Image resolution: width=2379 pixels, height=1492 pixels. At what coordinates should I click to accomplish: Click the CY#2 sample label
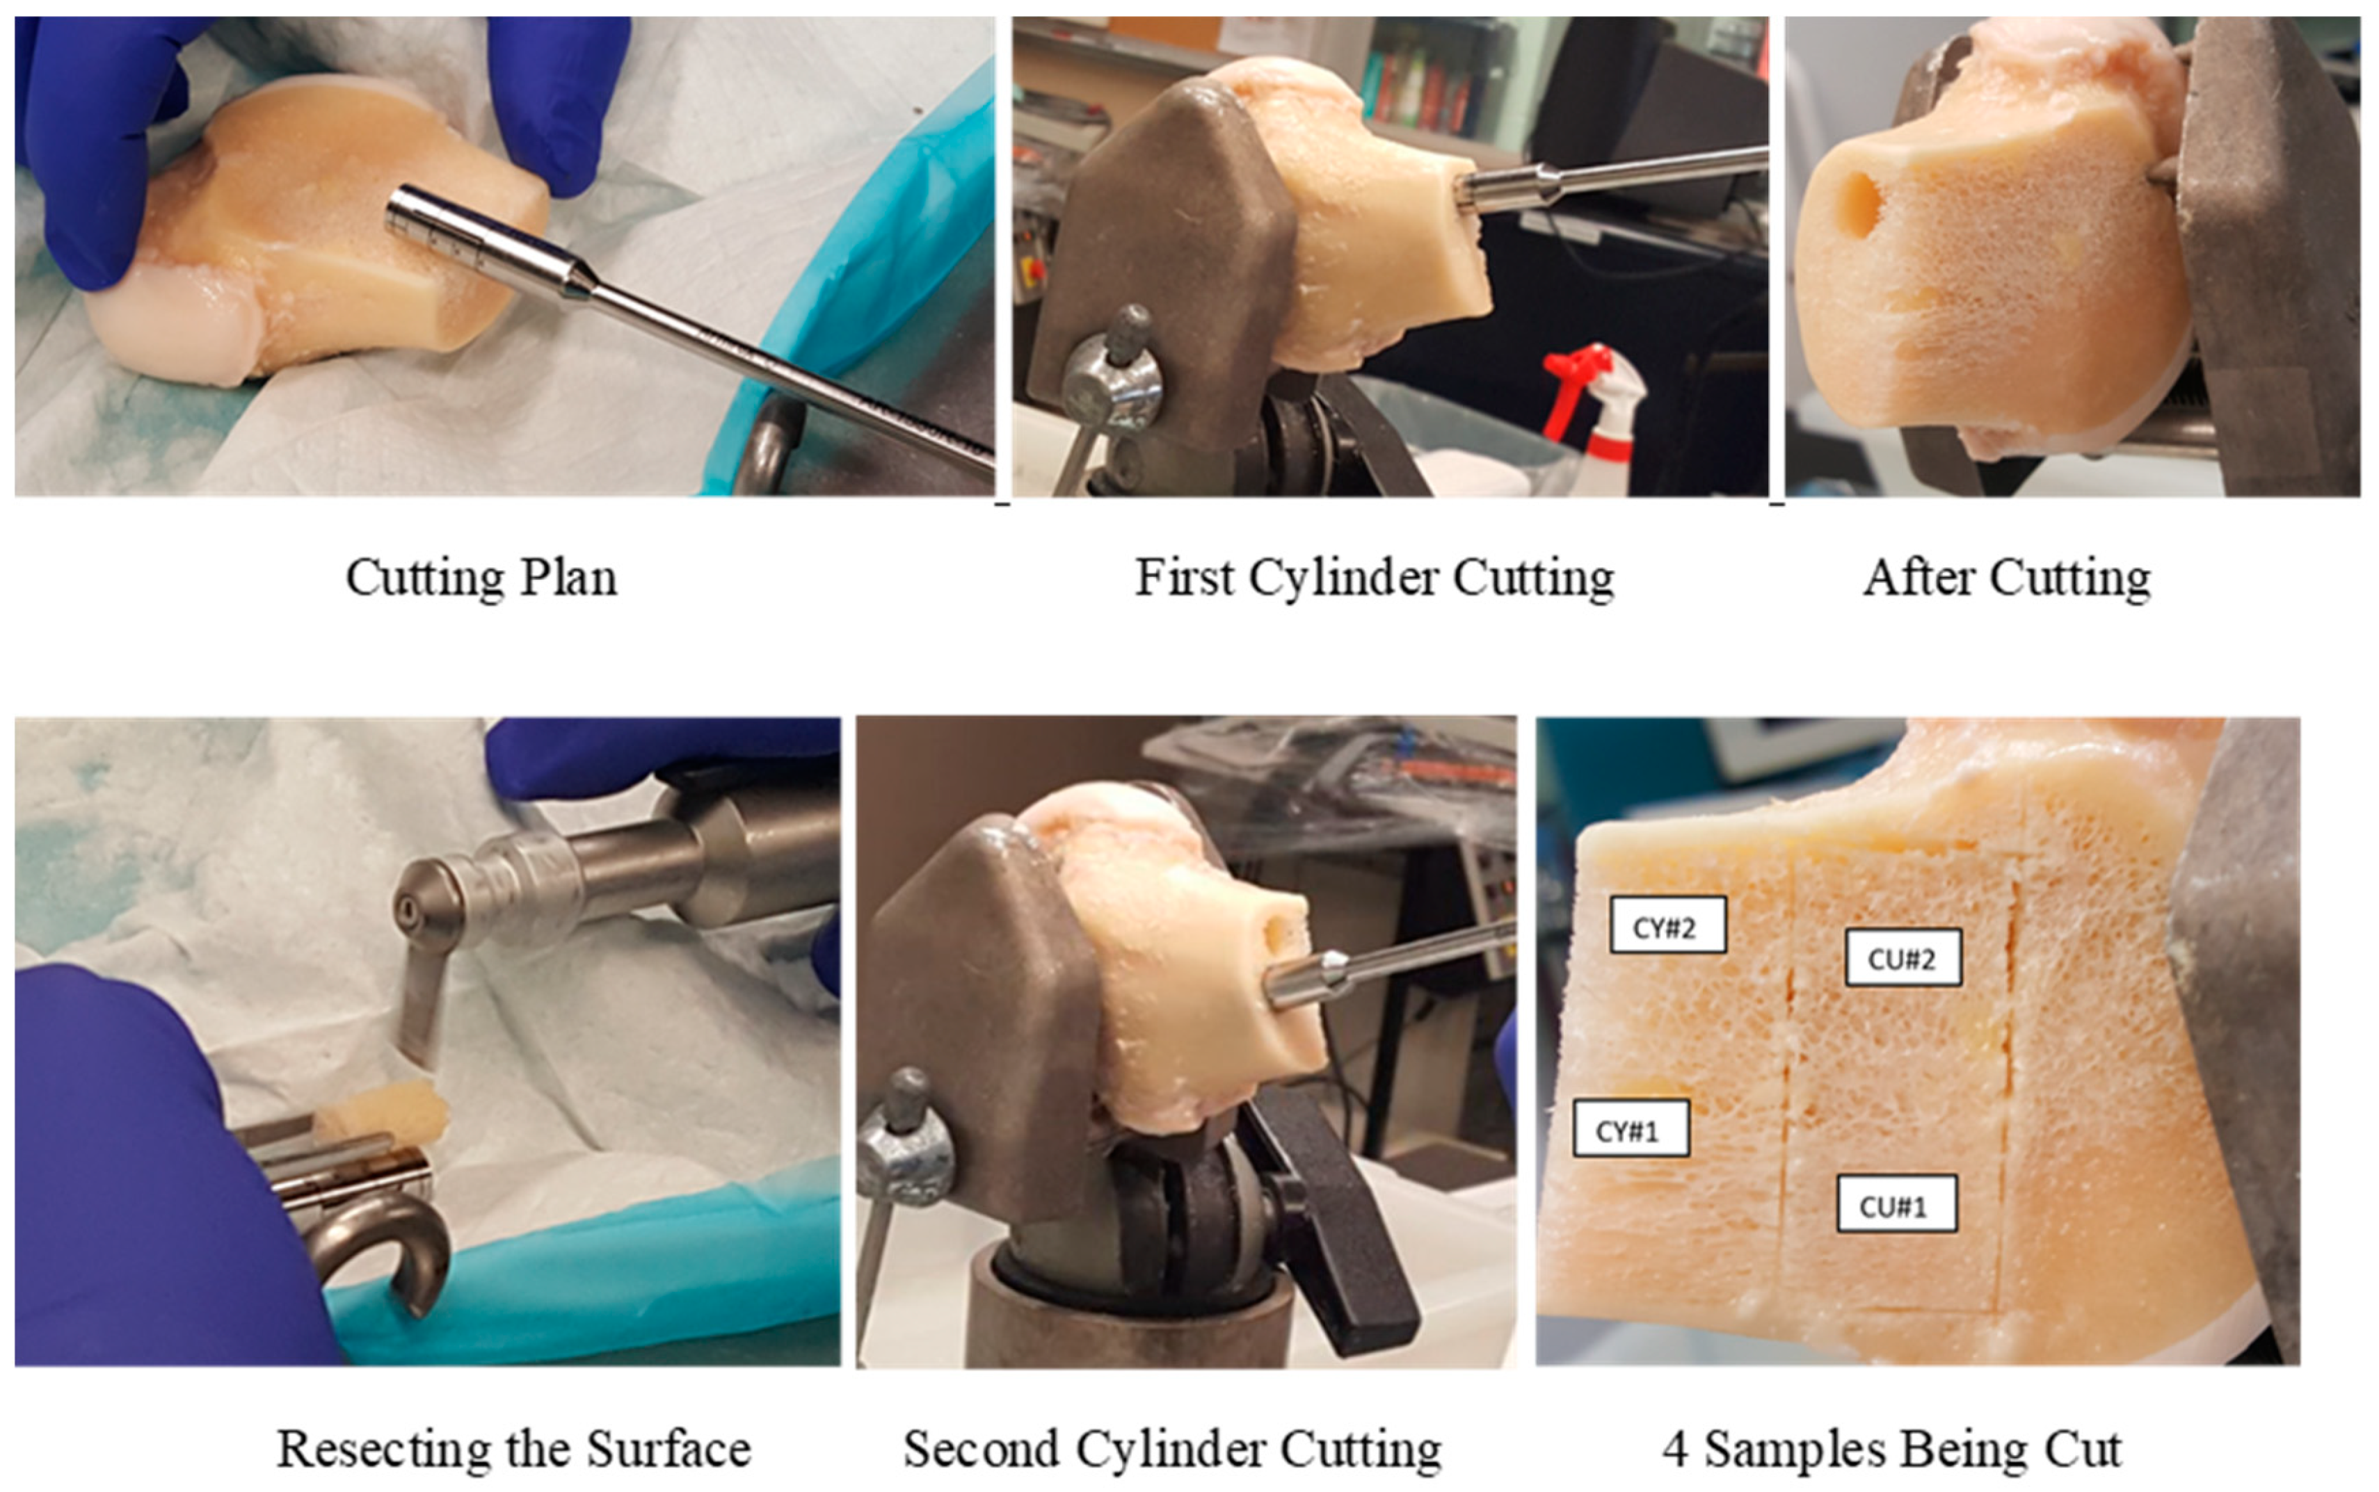tap(1667, 925)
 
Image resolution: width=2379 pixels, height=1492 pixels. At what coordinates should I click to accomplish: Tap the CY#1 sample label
tap(1630, 1128)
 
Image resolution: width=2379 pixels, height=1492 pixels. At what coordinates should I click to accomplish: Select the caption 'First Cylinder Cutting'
tap(1374, 577)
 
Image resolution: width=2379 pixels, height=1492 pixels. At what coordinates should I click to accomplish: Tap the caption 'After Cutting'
tap(2007, 577)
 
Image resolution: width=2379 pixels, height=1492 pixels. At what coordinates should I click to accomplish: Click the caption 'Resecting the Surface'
tap(513, 1449)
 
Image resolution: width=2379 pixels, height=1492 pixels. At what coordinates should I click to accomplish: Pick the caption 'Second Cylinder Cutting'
tap(1173, 1449)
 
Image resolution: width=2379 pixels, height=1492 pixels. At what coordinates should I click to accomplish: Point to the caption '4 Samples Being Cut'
tap(1891, 1449)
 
